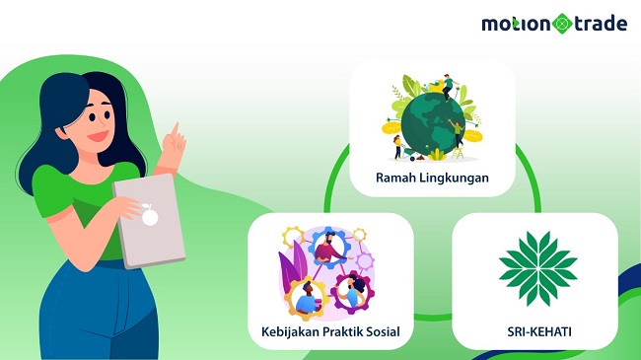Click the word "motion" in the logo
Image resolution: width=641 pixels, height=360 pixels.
[516, 23]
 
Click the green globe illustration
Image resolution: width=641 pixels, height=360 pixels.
[430, 122]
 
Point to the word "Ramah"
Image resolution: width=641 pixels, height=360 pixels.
[395, 179]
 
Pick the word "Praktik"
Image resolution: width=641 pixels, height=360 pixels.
[340, 332]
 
